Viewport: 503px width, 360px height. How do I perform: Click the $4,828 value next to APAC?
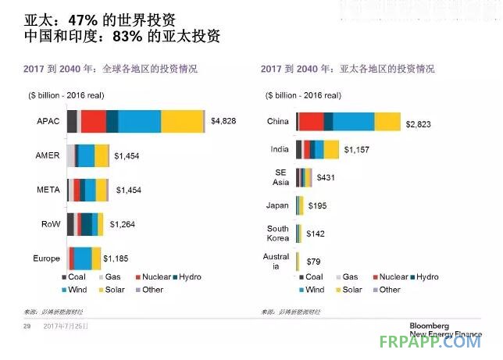223,121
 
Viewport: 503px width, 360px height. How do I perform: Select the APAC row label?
48,122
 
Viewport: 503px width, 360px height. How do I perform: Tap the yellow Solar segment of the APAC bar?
182,122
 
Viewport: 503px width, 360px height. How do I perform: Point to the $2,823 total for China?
419,124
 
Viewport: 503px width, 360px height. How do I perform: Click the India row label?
278,149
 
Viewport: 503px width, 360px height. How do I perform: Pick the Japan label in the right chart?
277,206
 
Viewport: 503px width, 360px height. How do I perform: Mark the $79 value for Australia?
316,262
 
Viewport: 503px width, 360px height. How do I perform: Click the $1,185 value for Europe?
118,258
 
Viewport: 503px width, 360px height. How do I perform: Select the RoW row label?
50,225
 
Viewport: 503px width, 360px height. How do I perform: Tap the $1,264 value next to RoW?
123,225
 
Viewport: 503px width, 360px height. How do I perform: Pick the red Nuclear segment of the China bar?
311,122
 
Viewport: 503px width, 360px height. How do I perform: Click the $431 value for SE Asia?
326,178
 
